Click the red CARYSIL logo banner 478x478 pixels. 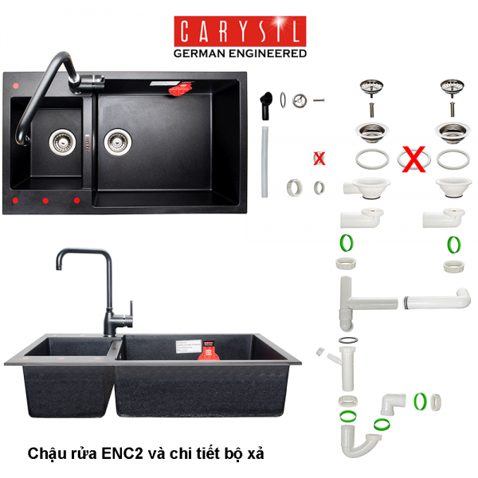click(240, 31)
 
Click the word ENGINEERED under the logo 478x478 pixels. click(268, 53)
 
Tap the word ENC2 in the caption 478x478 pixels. click(122, 453)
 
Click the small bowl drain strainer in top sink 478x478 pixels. click(62, 142)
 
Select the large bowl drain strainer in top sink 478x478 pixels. click(118, 142)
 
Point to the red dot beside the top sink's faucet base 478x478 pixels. click(16, 86)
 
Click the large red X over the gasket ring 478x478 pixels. click(413, 159)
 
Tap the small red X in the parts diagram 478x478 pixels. click(319, 159)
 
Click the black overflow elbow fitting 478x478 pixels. click(266, 105)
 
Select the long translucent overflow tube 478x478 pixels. click(264, 162)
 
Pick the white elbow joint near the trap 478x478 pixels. click(393, 403)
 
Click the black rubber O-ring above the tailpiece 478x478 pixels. click(348, 340)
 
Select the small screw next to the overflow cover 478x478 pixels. click(319, 100)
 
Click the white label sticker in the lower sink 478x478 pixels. click(189, 346)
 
